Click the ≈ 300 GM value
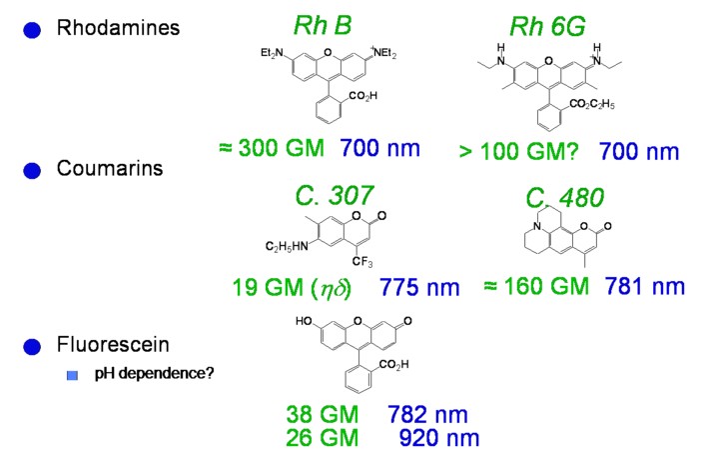(271, 150)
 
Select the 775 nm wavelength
(419, 288)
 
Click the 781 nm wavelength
(645, 286)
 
